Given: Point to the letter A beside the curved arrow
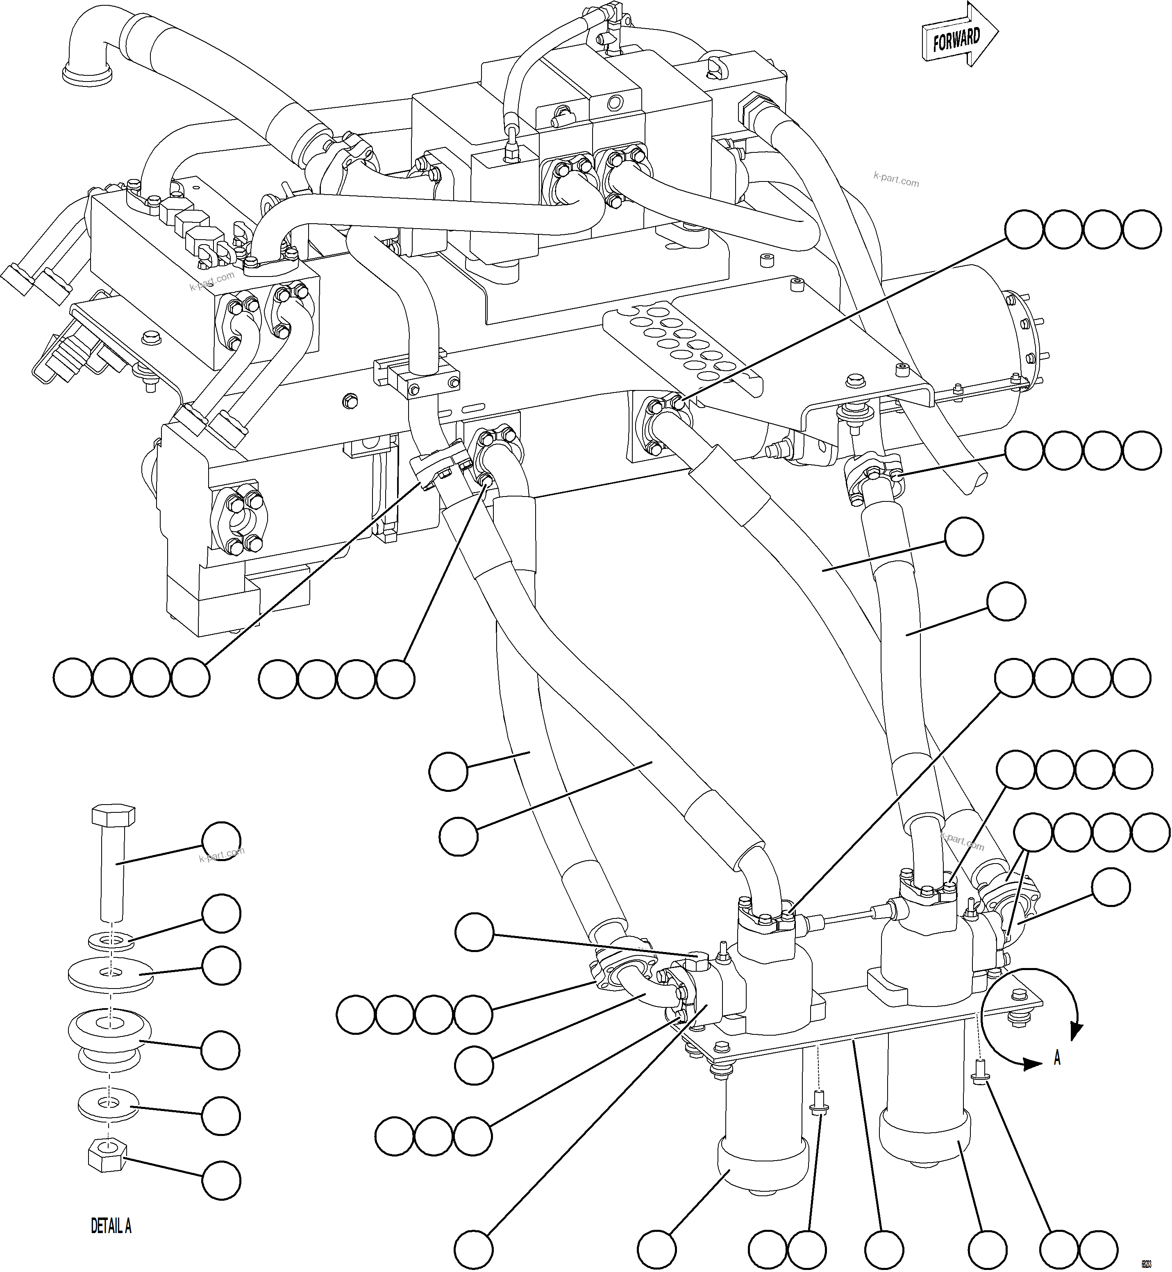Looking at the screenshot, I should [x=1056, y=1058].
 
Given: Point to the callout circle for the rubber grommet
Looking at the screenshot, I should [x=221, y=1050].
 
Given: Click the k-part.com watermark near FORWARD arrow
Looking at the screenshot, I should [x=895, y=181].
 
